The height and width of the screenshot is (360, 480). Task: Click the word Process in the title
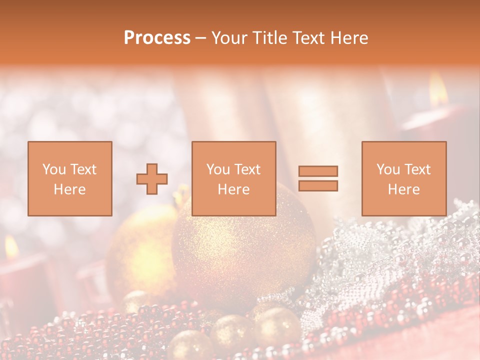coord(157,38)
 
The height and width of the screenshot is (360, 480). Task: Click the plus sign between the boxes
coord(152,179)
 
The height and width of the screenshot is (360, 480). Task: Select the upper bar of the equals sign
coord(318,171)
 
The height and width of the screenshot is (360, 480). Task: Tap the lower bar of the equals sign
coord(318,186)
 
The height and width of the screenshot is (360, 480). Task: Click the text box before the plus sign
coord(69,178)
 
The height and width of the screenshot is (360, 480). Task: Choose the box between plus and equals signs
coord(233,178)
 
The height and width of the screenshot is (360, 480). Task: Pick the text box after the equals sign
coord(403,178)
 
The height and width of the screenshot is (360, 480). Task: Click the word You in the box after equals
coord(388,169)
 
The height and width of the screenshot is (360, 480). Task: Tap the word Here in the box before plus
coord(69,189)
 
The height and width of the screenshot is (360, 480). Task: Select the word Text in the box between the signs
coord(247,169)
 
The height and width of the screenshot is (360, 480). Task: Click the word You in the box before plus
coord(54,169)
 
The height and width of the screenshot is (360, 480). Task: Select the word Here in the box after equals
coord(403,189)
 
